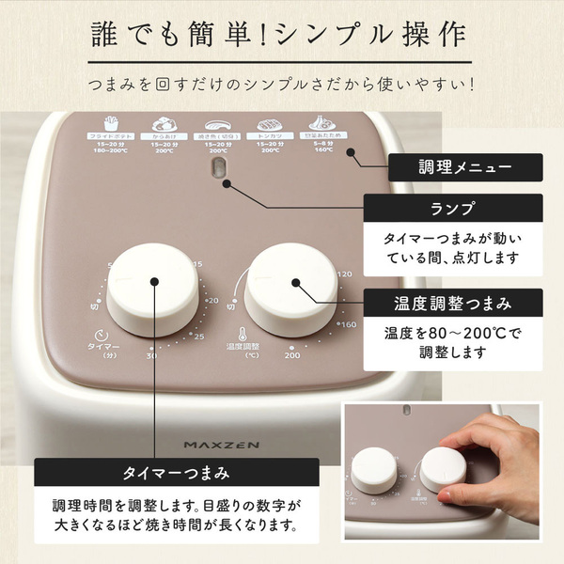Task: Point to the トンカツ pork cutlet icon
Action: click(270, 124)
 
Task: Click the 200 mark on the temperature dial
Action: click(291, 354)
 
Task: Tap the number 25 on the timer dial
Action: click(198, 337)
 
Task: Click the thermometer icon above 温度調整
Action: click(242, 333)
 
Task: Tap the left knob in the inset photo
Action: click(374, 469)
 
